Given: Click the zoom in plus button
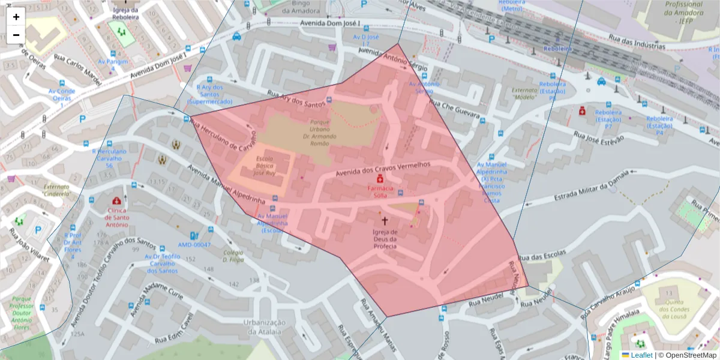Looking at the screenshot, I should click(x=16, y=17).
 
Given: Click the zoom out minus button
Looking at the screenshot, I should click(x=16, y=35).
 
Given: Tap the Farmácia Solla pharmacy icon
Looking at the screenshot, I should click(x=380, y=179).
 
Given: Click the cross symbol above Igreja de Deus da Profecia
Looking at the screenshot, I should click(x=385, y=221).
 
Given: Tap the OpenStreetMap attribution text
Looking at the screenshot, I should click(x=687, y=355).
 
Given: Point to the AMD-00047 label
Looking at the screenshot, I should click(x=194, y=245).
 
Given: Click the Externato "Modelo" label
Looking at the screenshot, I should click(x=524, y=93).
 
